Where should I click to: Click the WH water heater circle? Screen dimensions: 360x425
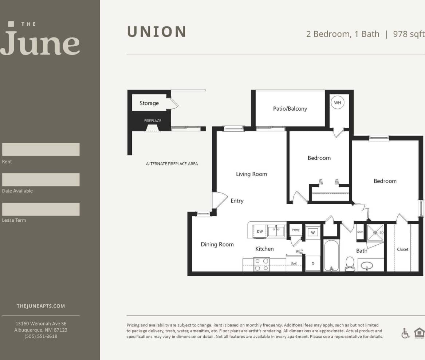[338, 103]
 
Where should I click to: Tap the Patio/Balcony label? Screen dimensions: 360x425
[290, 108]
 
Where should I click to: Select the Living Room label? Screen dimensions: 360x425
[251, 174]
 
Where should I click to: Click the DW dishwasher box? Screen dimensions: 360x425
[260, 232]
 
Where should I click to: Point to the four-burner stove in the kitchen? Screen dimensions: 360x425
[261, 264]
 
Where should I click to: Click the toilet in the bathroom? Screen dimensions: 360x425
[350, 264]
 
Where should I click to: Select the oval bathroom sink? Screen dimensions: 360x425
[367, 266]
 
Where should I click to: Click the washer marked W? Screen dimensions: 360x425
[312, 232]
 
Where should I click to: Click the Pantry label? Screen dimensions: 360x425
[296, 230]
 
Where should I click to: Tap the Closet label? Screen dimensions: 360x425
[402, 249]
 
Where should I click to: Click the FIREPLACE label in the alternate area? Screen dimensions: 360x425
[152, 120]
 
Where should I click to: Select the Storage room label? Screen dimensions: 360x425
[149, 103]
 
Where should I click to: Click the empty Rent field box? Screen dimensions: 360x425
[41, 149]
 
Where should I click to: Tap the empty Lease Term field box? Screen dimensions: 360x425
[41, 209]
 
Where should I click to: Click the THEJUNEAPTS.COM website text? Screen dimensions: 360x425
[41, 306]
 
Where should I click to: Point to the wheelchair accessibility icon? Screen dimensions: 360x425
[405, 333]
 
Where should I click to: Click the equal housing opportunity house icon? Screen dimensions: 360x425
[419, 333]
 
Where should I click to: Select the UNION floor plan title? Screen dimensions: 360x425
[157, 32]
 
